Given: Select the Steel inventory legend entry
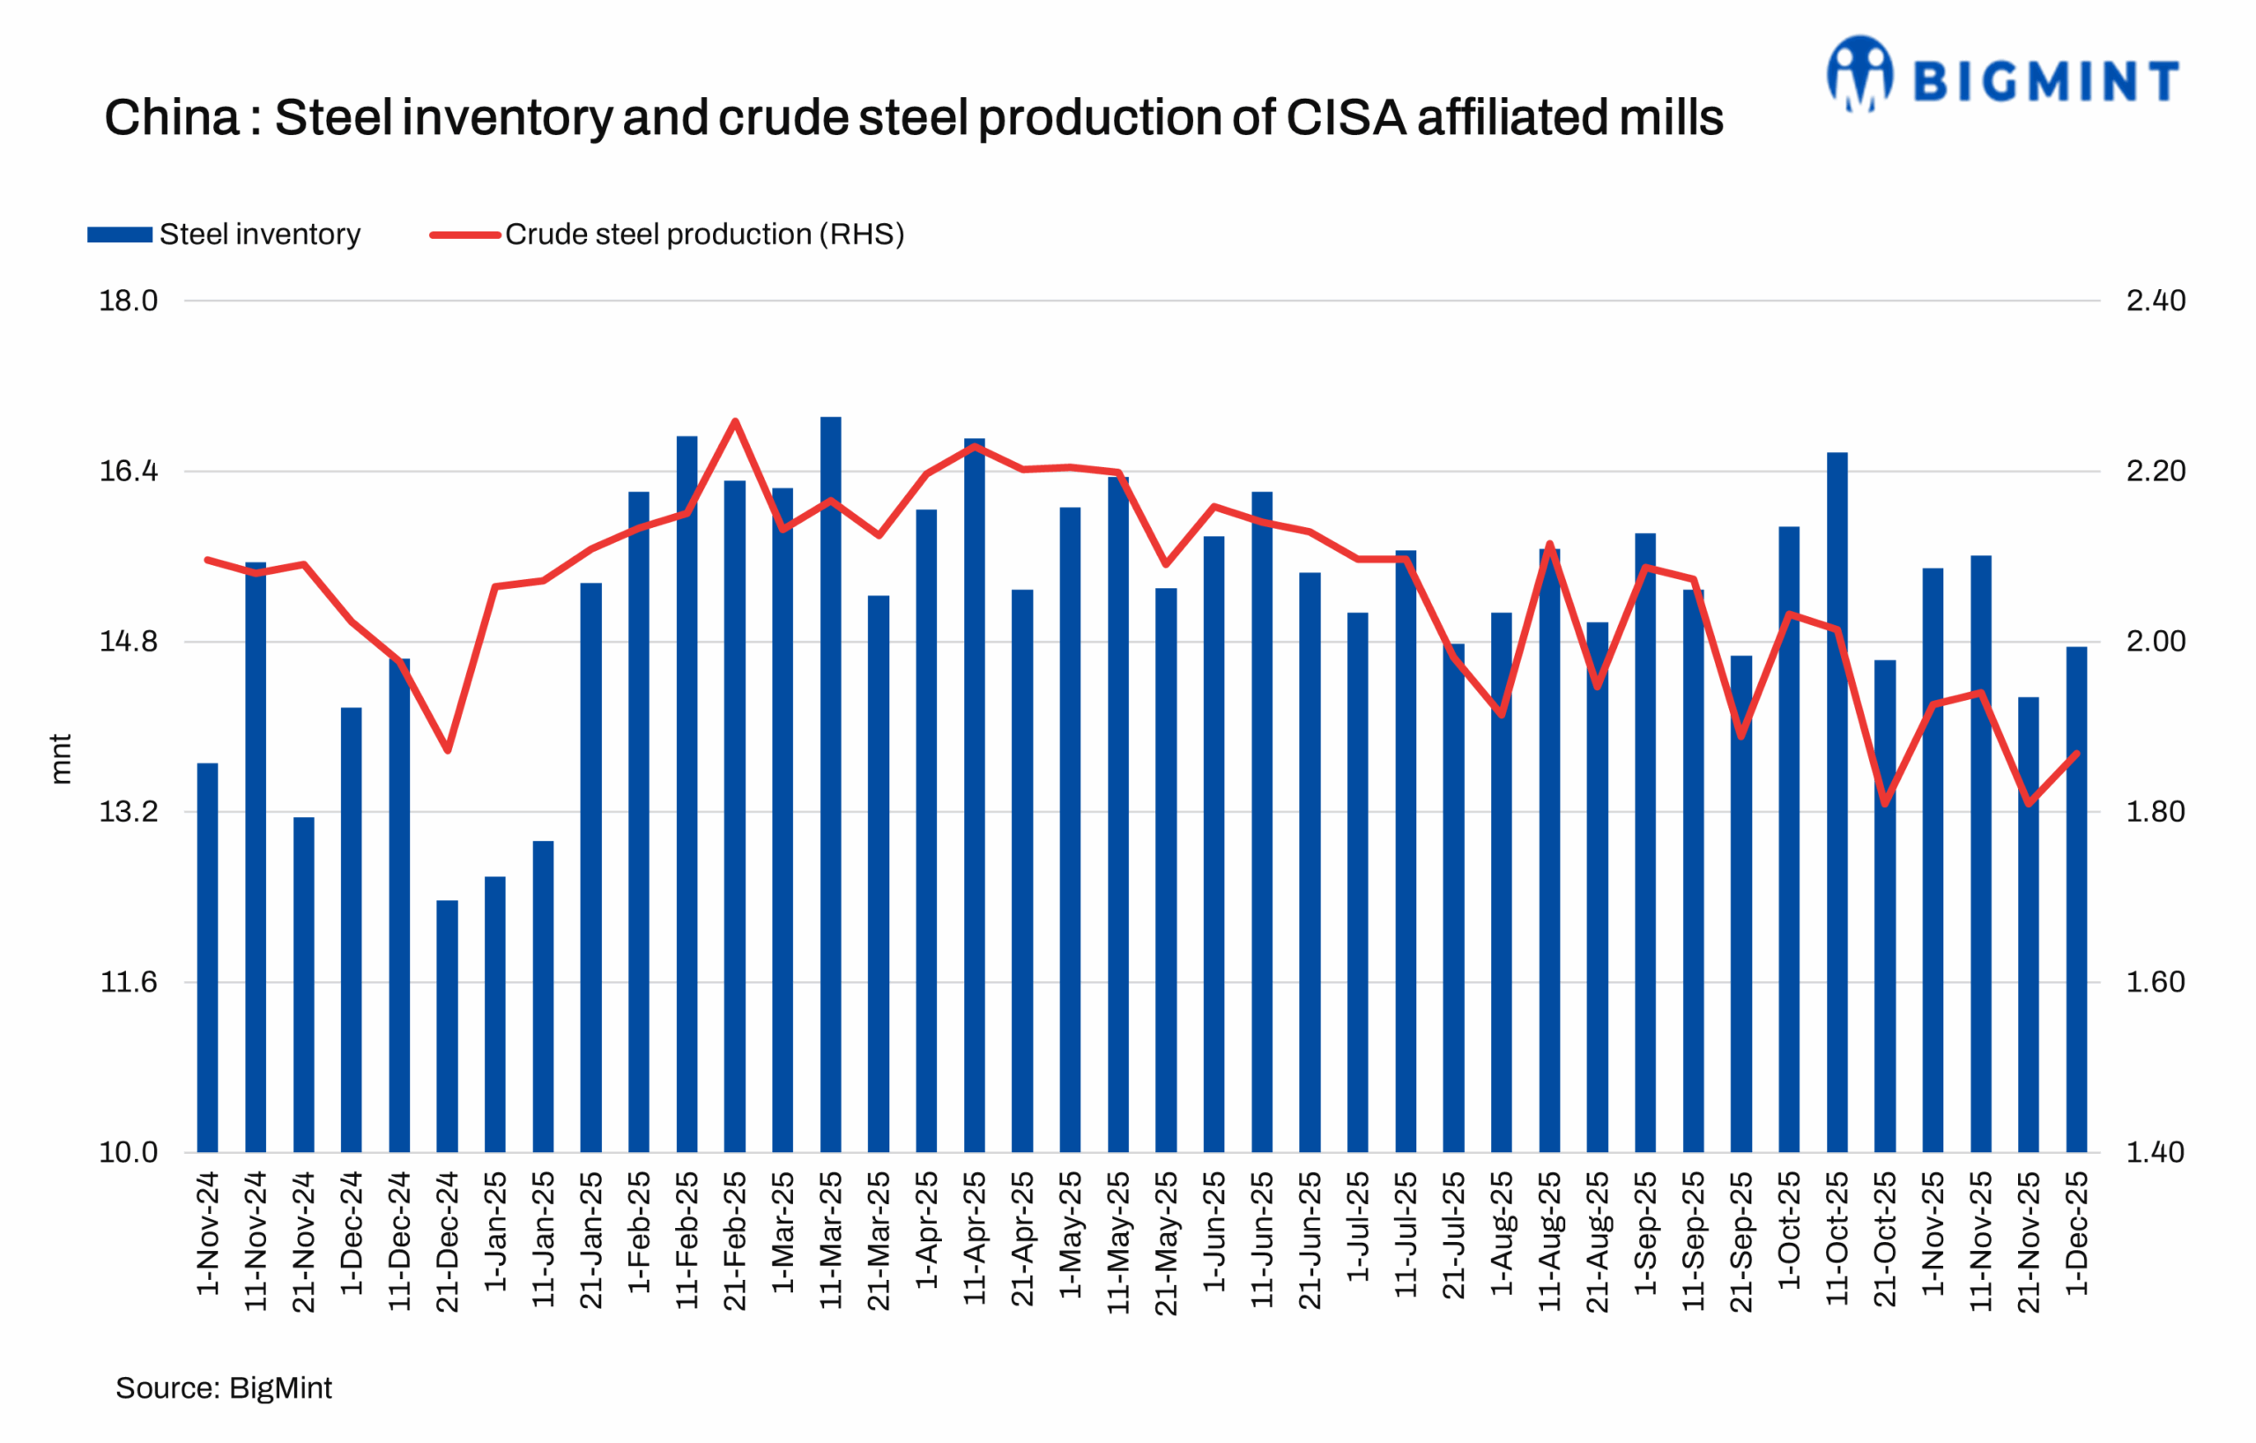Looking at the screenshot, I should click(224, 234).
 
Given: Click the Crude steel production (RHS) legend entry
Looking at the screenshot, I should click(667, 234).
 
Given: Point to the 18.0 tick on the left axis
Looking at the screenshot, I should click(129, 301).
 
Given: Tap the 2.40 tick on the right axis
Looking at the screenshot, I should click(2155, 301).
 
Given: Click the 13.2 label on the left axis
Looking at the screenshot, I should click(129, 812).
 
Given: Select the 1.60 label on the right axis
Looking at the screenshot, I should click(2155, 982).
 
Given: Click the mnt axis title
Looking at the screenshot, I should click(60, 758).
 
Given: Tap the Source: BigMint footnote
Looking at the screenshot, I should click(223, 1387).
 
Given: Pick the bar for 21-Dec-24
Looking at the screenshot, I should click(447, 1026).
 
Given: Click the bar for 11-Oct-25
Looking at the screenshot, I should click(1837, 802).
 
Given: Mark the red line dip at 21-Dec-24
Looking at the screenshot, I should click(448, 750).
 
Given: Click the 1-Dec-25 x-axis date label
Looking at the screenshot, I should click(2076, 1233).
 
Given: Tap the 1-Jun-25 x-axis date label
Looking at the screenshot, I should click(1214, 1232).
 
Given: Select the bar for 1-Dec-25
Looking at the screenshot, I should click(2076, 899).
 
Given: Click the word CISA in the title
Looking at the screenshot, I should click(1347, 118).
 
